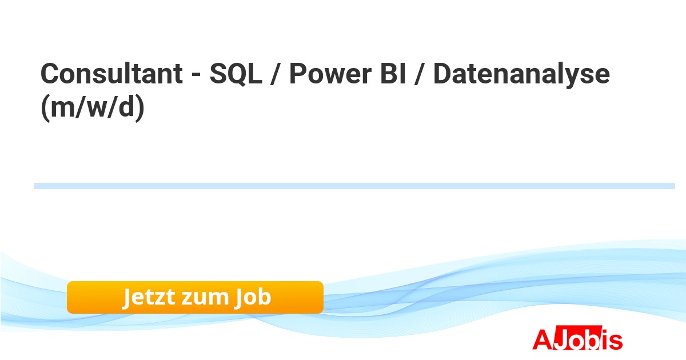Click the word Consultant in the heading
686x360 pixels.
[112, 73]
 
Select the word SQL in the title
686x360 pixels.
[236, 74]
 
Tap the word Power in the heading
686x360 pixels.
[330, 74]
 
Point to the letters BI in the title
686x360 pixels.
[393, 74]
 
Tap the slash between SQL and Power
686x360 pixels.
[276, 74]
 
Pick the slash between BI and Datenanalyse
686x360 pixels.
[420, 74]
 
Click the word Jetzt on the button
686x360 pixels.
[149, 297]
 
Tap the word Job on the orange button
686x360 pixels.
[253, 297]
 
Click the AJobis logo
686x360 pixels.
[577, 338]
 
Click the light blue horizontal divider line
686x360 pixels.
[354, 186]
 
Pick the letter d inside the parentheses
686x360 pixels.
[126, 105]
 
